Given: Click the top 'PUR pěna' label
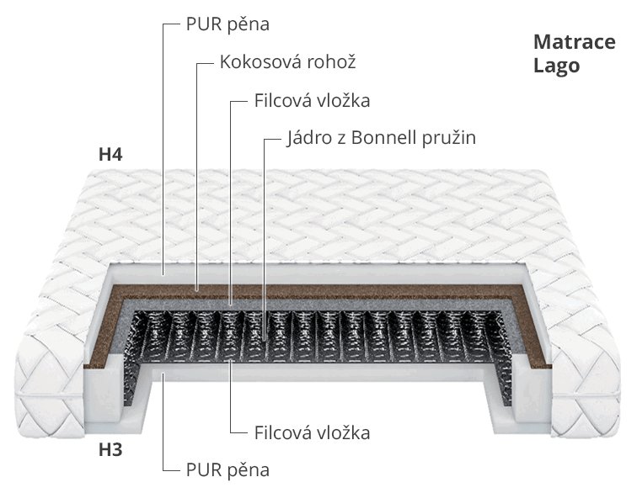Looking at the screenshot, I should click(227, 24).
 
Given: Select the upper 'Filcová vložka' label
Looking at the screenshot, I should click(312, 100).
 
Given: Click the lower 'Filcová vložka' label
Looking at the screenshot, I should click(312, 433).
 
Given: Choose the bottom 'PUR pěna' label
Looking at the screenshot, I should click(227, 469).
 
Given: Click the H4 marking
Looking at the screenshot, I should click(110, 155).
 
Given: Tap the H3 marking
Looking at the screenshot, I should click(110, 450).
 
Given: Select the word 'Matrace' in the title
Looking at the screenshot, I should click(574, 43).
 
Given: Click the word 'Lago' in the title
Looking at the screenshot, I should click(556, 66).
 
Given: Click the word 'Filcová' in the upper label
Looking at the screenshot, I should click(282, 100).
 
